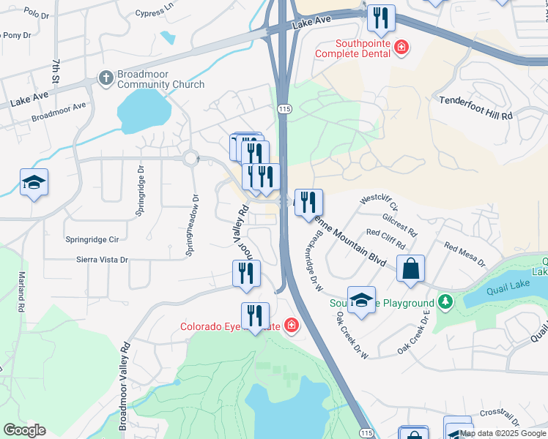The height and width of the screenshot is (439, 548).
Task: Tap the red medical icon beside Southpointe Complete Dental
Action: (x=401, y=48)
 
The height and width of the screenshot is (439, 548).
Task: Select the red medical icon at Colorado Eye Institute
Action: (x=292, y=325)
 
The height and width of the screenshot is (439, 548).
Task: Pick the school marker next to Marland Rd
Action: (x=34, y=183)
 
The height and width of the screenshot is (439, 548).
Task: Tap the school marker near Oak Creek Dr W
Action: (x=361, y=300)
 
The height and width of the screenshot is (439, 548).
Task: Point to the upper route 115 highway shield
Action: (x=285, y=108)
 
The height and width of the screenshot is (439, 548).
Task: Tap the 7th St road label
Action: (x=56, y=70)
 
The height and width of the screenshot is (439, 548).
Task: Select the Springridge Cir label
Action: (x=92, y=239)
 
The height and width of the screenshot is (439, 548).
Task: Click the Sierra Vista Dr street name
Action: (x=102, y=259)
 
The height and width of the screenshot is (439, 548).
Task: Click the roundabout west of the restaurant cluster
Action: (x=192, y=157)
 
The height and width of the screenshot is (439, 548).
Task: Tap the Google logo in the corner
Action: (x=24, y=430)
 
